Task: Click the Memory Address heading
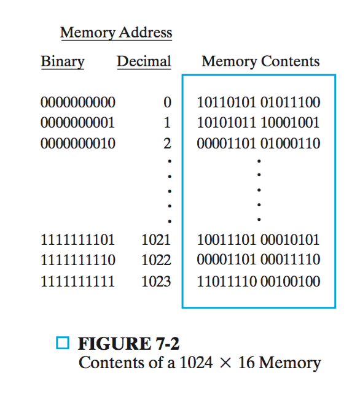tap(116, 33)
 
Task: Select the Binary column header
tap(63, 62)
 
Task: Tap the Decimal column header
tap(144, 62)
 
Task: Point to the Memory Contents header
tap(260, 62)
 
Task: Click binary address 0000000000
tap(78, 102)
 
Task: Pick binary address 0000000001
tap(77, 123)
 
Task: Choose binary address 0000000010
tap(78, 144)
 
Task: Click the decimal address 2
tap(167, 144)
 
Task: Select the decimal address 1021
tap(156, 240)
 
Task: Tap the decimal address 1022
tap(156, 260)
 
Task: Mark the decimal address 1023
tap(156, 281)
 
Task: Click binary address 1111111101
tap(77, 240)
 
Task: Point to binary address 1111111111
tap(77, 281)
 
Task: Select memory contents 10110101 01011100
tap(259, 102)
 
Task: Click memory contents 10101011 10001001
tap(258, 123)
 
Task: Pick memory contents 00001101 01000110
tap(259, 144)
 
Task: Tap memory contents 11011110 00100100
tap(259, 281)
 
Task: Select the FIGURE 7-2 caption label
tap(128, 344)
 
